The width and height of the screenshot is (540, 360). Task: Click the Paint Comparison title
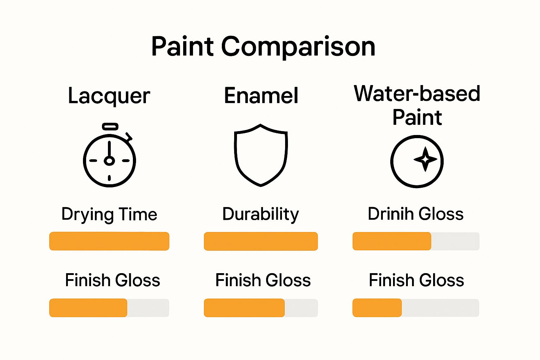pos(263,46)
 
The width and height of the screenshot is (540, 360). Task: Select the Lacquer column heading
pos(109,96)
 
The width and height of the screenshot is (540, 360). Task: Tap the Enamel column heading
pos(261,96)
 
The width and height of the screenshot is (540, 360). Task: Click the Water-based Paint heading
pos(417,105)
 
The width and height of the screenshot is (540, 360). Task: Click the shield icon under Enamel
pos(261,155)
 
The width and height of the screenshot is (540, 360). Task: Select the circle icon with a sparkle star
pos(417,161)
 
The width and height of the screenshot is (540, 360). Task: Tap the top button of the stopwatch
pos(110,126)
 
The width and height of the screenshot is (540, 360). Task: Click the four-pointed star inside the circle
pos(425,159)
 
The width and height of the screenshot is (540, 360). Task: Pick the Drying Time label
pos(109,214)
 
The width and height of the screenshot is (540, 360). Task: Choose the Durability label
pos(261,214)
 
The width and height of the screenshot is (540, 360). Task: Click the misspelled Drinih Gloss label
pos(416,214)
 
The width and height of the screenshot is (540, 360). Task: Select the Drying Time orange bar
pos(109,241)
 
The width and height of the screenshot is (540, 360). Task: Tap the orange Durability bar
pos(261,241)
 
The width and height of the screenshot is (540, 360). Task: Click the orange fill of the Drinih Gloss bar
pos(392,241)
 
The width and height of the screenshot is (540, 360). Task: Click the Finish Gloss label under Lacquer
pos(112,280)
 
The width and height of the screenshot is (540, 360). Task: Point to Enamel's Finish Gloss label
pos(263,280)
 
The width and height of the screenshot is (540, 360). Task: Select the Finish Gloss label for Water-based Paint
pos(416,280)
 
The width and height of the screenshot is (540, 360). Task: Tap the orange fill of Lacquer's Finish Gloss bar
pos(88,308)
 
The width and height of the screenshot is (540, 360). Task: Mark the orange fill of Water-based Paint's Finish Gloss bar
pos(377,308)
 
